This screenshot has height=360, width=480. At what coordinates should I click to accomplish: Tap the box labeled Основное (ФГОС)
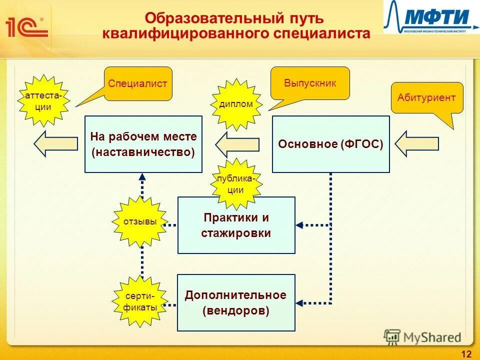point(330,144)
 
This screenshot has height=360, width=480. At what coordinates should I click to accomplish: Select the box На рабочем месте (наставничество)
point(143,144)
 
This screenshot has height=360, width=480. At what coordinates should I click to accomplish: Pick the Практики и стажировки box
point(236,225)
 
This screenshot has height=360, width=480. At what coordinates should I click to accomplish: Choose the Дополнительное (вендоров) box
point(236,302)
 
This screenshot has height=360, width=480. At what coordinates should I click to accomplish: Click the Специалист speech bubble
point(137,83)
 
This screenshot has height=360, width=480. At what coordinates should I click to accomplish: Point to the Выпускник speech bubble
point(310,82)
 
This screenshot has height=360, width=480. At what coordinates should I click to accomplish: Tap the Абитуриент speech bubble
point(426,98)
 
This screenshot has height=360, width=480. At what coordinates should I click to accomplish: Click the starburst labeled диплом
point(236,103)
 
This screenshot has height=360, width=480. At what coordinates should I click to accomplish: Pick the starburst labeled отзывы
point(140,221)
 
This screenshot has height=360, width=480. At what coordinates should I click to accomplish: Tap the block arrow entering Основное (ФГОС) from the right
point(416,143)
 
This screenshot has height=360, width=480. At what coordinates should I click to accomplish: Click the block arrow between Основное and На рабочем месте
point(237,144)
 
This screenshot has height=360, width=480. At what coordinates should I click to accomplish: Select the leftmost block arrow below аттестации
point(55,144)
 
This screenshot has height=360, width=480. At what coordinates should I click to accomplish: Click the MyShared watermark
point(422,337)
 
